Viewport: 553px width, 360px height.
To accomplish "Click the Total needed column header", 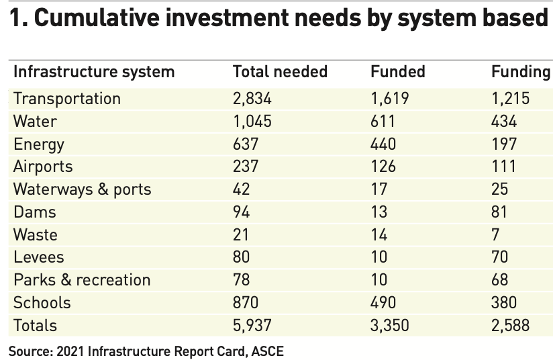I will (280, 72).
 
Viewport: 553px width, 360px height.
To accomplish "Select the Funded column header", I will (398, 72).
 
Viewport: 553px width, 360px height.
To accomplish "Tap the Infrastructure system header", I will (94, 72).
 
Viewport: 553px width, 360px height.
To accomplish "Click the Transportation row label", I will (67, 99).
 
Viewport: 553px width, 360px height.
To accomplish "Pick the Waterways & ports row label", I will (82, 189).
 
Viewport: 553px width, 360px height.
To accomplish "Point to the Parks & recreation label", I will (82, 280).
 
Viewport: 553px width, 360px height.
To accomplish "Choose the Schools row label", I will (42, 303).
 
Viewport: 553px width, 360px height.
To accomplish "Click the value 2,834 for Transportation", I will (252, 99).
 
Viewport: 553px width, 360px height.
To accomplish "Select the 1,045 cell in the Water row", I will (252, 122).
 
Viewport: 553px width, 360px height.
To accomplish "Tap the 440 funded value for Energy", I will (383, 144).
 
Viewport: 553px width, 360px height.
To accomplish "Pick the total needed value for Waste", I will (241, 235).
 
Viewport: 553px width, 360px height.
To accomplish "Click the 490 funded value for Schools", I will (383, 303).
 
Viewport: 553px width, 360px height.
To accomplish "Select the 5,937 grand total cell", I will (252, 326).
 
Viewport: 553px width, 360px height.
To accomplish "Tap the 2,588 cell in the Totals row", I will (511, 326).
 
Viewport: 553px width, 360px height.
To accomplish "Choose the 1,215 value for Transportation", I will (511, 99).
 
